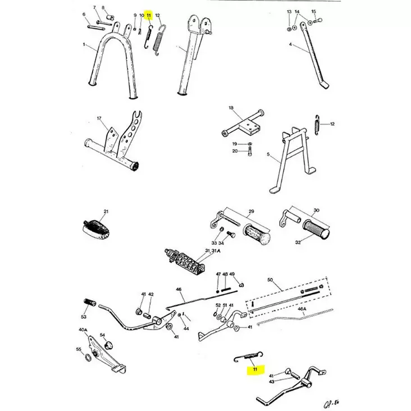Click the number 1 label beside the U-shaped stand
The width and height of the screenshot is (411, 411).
84,44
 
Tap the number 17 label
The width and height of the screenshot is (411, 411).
99,118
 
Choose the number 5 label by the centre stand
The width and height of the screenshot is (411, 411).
268,154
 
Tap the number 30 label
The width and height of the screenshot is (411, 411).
317,210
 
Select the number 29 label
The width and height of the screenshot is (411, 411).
251,212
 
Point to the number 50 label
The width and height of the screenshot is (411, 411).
270,279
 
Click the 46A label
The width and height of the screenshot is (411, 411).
302,309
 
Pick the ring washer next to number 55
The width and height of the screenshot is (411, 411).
88,357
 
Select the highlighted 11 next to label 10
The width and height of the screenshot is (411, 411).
149,15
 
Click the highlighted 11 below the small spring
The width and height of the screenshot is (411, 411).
254,369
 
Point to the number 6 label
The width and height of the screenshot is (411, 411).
84,15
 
